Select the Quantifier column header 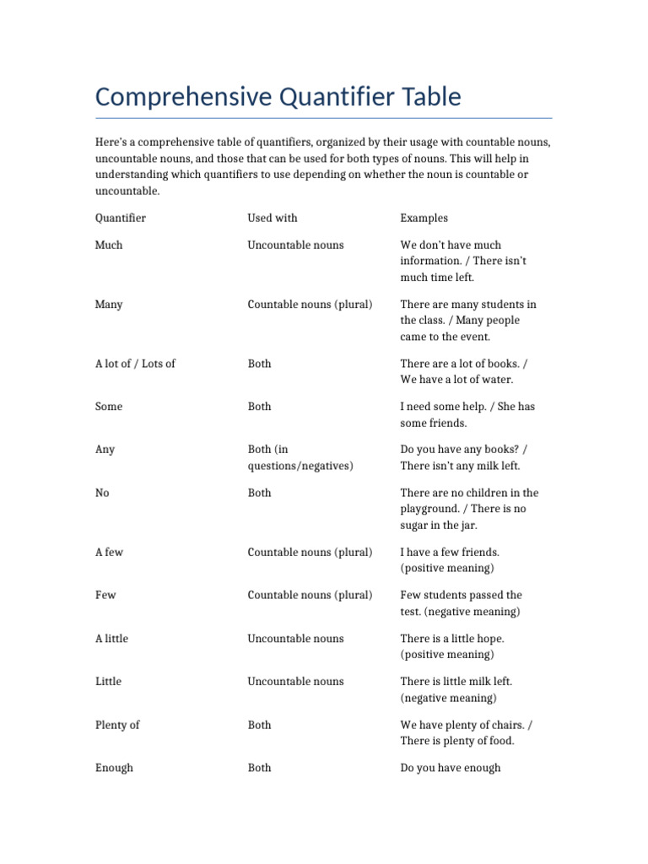coord(120,218)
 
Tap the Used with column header coord(272,218)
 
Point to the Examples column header coord(424,218)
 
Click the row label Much coord(109,245)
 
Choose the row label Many coord(109,304)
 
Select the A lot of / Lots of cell coord(135,364)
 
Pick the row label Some coord(109,407)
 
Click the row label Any coord(105,450)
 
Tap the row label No coord(102,493)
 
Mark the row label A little coord(111,639)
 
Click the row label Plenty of coord(117,725)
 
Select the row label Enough coord(114,768)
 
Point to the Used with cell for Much coord(295,245)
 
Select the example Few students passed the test coord(461,603)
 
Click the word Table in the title coord(431,97)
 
